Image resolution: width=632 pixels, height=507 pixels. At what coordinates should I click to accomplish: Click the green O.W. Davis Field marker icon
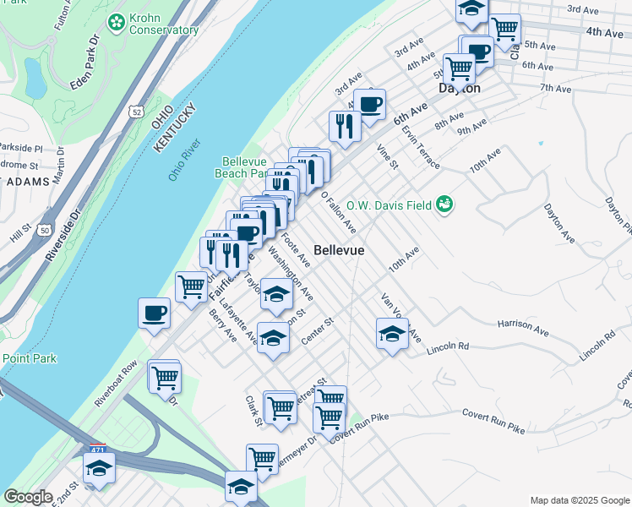(444, 204)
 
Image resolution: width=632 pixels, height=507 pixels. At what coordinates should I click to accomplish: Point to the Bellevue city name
(339, 250)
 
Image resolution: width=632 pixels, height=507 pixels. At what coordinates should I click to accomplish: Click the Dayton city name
(460, 88)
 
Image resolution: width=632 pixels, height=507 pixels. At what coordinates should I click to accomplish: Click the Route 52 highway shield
(136, 111)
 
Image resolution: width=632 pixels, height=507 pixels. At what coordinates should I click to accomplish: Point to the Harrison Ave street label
(524, 323)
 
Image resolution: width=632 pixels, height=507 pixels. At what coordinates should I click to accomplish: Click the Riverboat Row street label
(117, 384)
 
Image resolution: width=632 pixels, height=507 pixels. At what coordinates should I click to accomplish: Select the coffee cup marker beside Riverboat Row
(154, 313)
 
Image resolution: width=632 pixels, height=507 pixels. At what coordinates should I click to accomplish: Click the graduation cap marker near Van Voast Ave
(392, 334)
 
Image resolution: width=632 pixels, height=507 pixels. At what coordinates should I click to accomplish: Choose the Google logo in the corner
(29, 497)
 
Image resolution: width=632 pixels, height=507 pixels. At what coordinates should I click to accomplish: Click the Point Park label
(30, 358)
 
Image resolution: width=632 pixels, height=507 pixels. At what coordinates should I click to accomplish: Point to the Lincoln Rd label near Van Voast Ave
(449, 346)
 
